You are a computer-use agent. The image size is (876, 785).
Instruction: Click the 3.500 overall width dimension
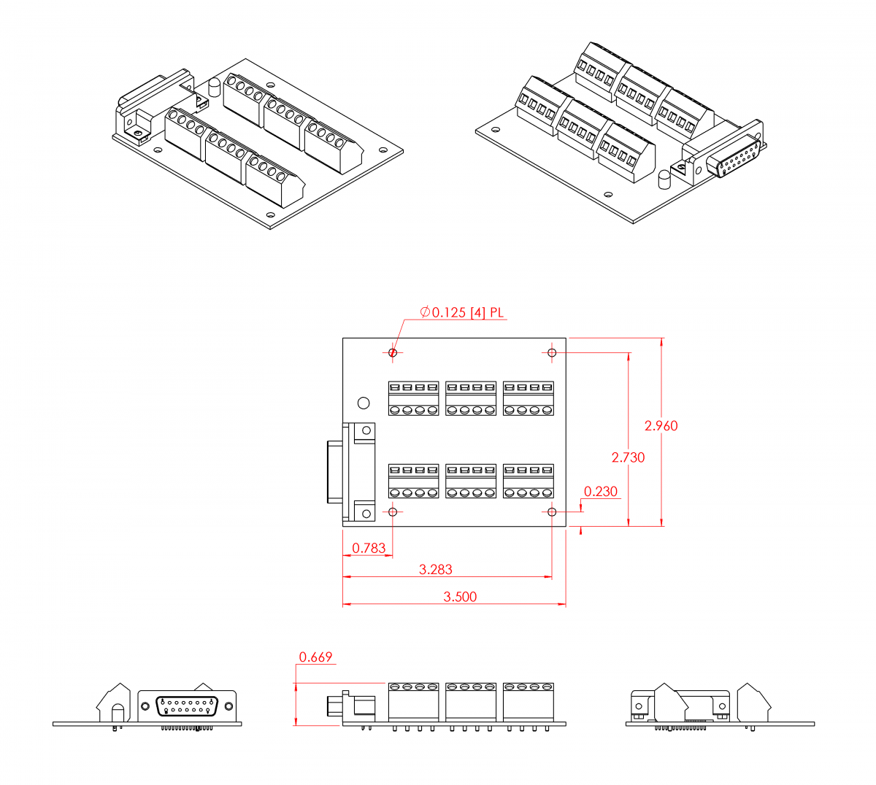460,597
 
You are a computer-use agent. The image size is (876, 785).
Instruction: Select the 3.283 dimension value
435,569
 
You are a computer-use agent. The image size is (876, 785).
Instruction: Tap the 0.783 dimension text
369,548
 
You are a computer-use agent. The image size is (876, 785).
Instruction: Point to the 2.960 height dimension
661,425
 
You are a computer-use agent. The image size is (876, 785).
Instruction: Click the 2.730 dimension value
628,457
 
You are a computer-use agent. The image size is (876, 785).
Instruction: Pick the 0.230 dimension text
601,492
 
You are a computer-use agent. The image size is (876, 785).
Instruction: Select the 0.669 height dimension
315,657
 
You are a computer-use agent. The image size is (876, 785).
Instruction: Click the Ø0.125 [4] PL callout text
461,312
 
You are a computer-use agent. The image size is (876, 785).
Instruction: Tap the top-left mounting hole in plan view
393,353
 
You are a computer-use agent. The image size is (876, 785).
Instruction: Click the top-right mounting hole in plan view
552,353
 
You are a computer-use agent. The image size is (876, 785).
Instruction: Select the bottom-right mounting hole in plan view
552,512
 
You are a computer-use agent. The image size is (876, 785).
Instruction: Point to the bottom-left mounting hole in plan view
393,512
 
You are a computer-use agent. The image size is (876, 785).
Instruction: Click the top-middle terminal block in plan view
471,398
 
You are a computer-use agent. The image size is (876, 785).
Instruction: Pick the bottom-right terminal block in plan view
529,482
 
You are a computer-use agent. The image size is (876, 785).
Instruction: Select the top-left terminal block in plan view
413,398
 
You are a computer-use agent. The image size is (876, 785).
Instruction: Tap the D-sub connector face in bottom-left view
187,706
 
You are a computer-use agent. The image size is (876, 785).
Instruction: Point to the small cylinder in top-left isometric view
215,88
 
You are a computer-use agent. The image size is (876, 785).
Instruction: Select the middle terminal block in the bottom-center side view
471,702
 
